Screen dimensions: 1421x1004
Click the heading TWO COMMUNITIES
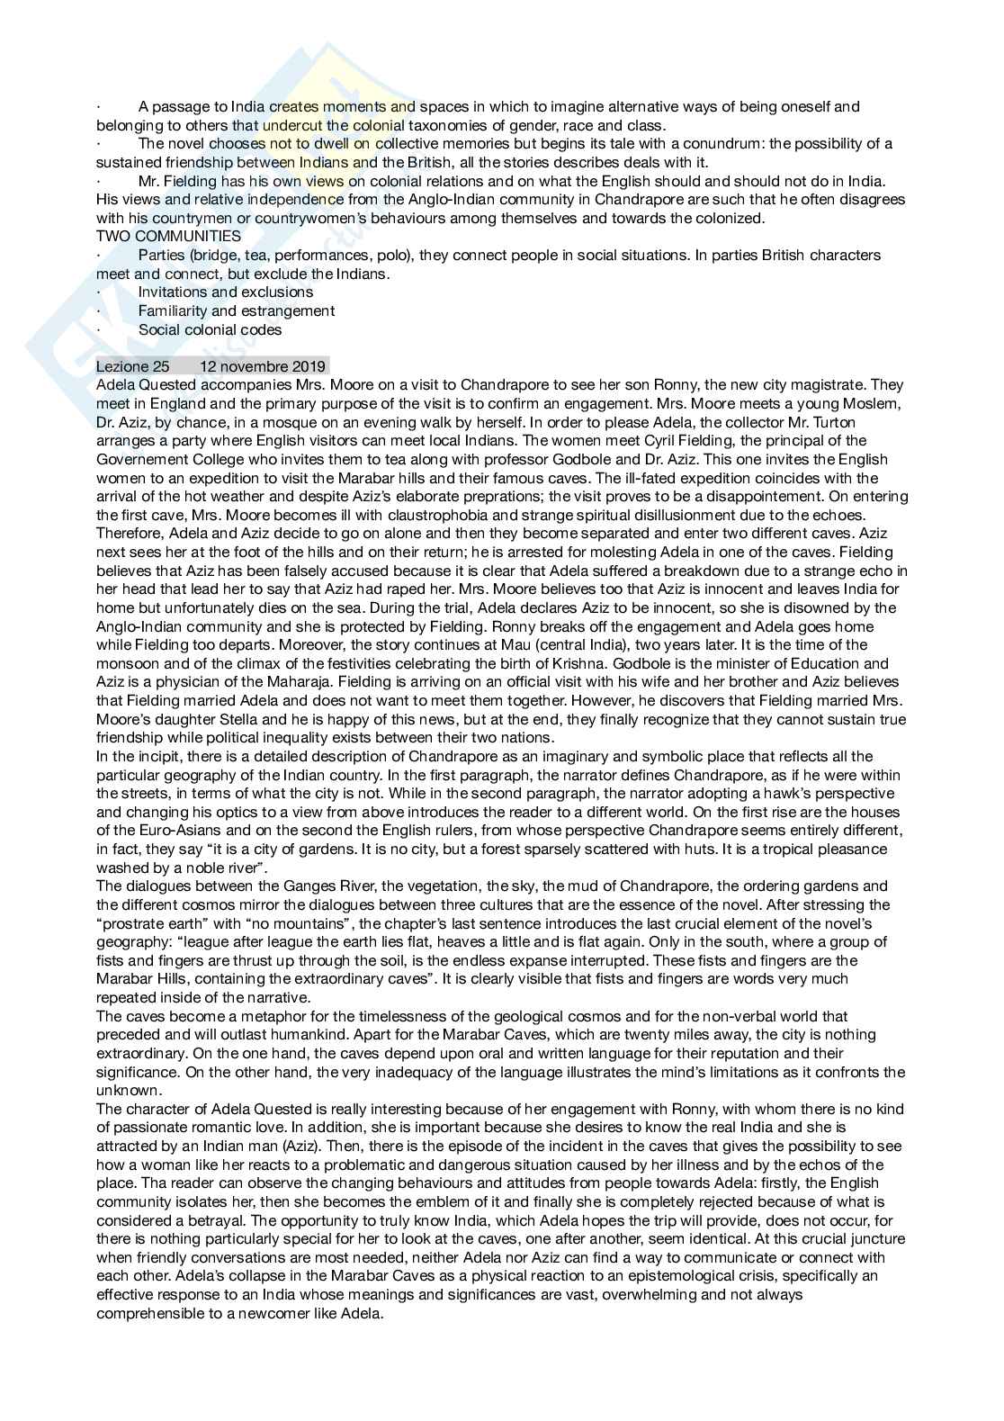click(x=168, y=237)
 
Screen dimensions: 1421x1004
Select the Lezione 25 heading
click(x=132, y=366)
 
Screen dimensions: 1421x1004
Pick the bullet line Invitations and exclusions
click(x=226, y=292)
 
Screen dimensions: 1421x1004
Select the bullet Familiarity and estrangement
click(x=237, y=310)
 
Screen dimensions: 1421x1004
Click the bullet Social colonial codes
click(x=210, y=329)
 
